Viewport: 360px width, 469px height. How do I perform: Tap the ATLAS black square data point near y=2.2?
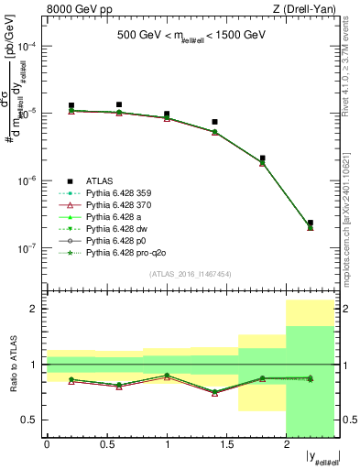click(311, 223)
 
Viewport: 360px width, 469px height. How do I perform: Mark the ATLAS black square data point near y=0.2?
click(71, 106)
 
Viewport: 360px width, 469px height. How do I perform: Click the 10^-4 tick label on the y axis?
click(31, 46)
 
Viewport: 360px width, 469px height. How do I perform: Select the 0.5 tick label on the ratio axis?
click(33, 420)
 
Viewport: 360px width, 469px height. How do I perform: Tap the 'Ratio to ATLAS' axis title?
click(12, 365)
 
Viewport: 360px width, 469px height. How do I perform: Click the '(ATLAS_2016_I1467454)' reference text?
click(191, 274)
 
